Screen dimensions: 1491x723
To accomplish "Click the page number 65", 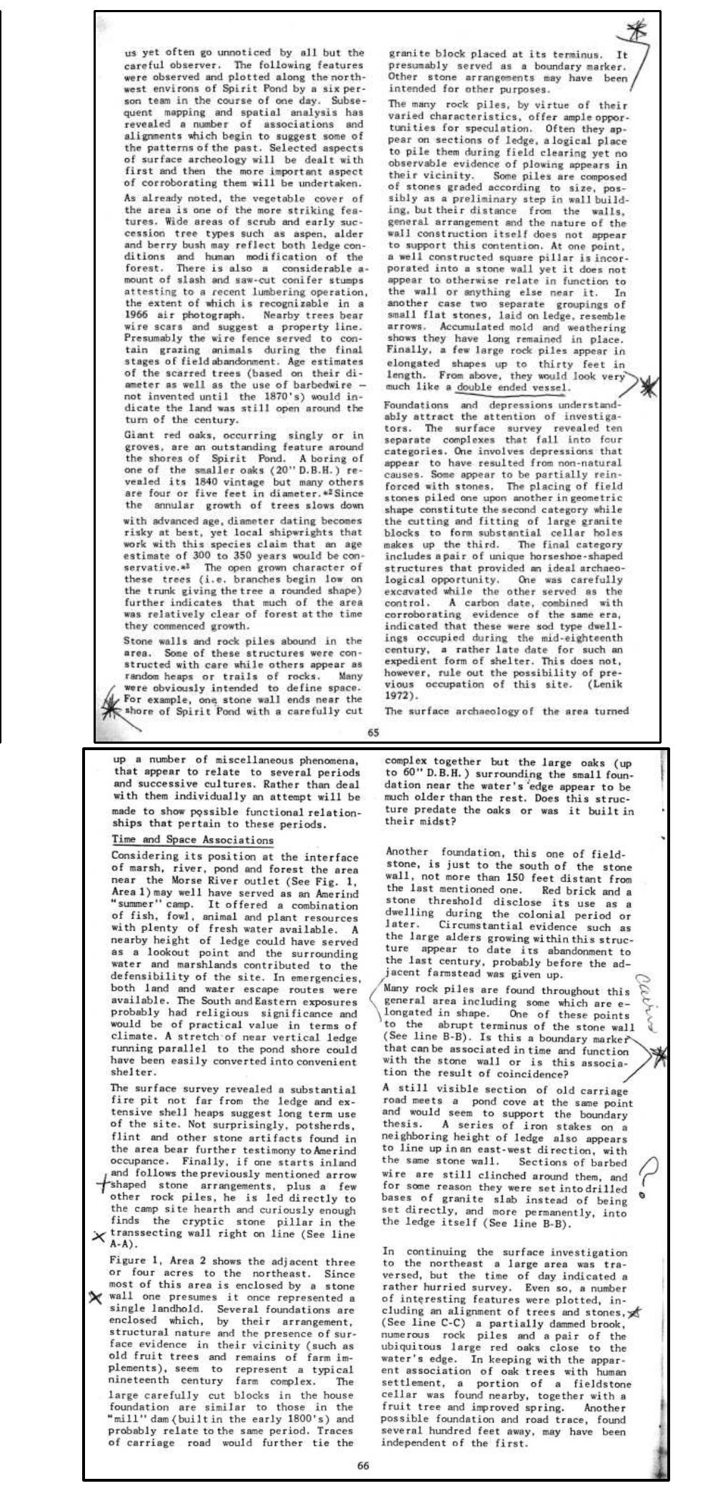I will point(373,732).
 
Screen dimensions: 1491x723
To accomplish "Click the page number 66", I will point(363,1465).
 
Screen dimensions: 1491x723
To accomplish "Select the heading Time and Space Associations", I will point(192,840).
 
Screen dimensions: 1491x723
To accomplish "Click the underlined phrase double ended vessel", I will point(513,387).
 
